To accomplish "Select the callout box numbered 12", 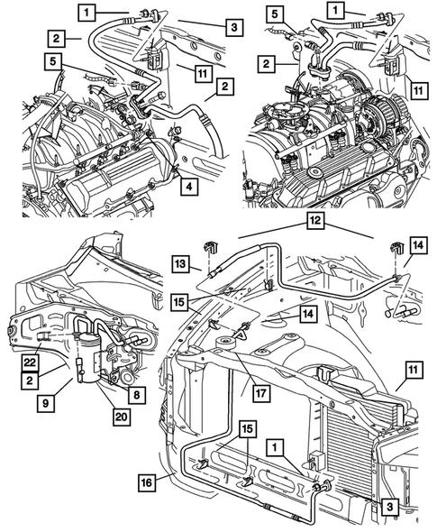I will pyautogui.click(x=315, y=219).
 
